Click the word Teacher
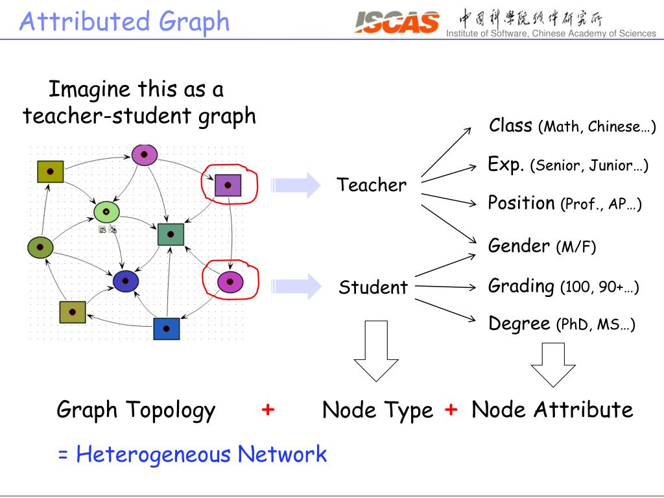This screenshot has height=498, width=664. pyautogui.click(x=372, y=185)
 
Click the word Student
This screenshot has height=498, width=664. pyautogui.click(x=373, y=287)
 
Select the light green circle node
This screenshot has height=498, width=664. pyautogui.click(x=106, y=212)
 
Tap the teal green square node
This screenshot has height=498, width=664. pyautogui.click(x=171, y=234)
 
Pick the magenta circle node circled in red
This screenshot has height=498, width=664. pyautogui.click(x=230, y=282)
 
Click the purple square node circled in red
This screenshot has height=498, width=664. pyautogui.click(x=228, y=185)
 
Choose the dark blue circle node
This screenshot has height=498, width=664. pyautogui.click(x=126, y=281)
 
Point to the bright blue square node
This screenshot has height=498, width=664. pyautogui.click(x=167, y=329)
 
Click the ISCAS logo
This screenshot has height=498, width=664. pyautogui.click(x=397, y=23)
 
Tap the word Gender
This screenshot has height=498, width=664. pyautogui.click(x=519, y=246)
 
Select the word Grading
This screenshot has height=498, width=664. pyautogui.click(x=521, y=285)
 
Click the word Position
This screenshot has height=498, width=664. pyautogui.click(x=521, y=203)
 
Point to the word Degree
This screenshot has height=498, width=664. pyautogui.click(x=519, y=323)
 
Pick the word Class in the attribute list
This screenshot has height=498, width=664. pyautogui.click(x=511, y=125)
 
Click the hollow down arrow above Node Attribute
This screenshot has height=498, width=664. pyautogui.click(x=553, y=363)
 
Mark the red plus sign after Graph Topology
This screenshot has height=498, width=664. pyautogui.click(x=268, y=410)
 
